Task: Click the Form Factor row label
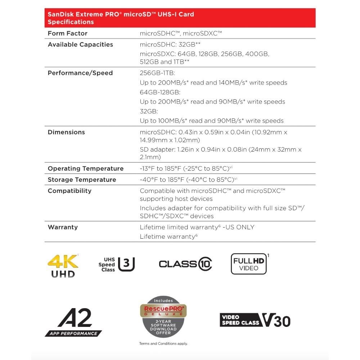[68, 33]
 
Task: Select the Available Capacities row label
[80, 45]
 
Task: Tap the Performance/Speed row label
[80, 73]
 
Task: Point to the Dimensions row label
[66, 132]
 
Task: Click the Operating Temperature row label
[86, 168]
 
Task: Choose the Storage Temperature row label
[82, 180]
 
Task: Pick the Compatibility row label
[69, 191]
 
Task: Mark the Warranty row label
[63, 227]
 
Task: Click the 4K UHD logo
[63, 266]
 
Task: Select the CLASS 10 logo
[185, 264]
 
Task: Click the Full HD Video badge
[249, 264]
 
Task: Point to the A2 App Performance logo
[74, 322]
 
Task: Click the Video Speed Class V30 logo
[255, 320]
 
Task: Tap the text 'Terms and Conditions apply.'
[163, 344]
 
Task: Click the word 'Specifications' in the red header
[71, 22]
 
